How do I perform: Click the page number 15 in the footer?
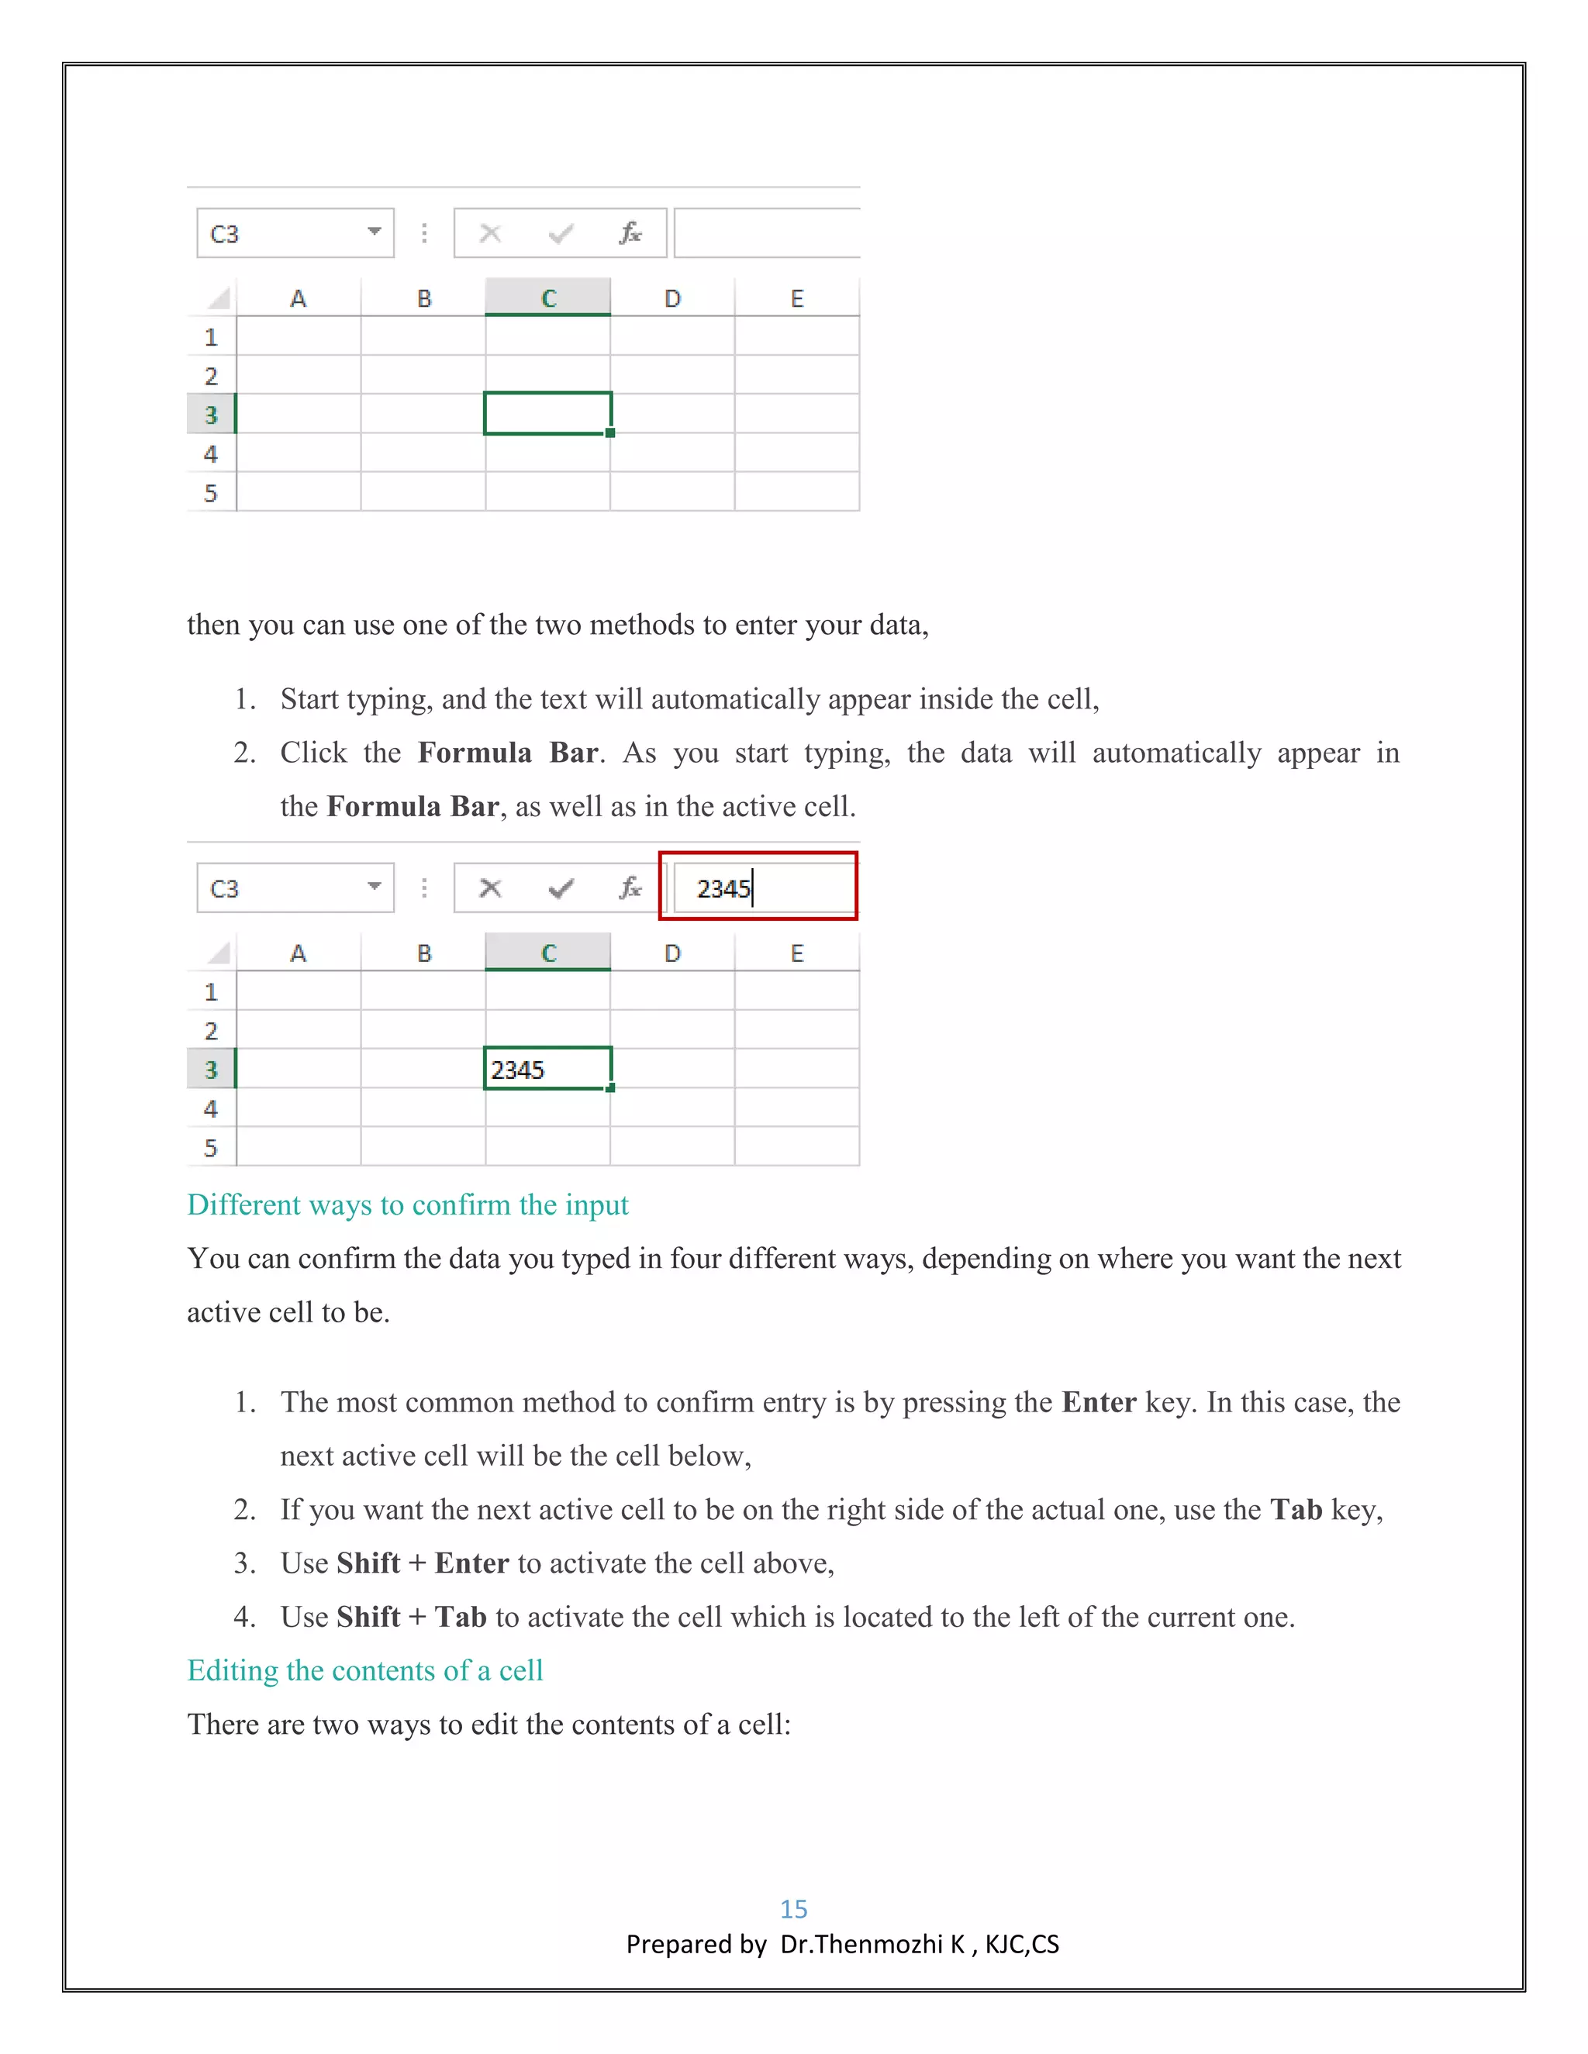(793, 1908)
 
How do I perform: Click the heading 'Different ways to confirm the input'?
(407, 1204)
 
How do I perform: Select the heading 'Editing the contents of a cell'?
(365, 1670)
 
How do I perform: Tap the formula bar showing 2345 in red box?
(758, 887)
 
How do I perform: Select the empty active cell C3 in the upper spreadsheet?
(547, 414)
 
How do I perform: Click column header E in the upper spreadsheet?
(797, 299)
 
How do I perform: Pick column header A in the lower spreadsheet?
(299, 953)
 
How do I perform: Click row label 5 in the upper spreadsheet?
(211, 493)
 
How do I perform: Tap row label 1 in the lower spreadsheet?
(211, 992)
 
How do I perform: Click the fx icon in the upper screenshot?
(630, 233)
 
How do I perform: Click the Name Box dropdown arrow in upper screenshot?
(375, 231)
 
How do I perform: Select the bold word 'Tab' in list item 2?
(1296, 1509)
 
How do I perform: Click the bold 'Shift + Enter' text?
(423, 1563)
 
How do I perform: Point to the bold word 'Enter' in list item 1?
(1099, 1402)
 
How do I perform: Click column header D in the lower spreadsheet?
(671, 953)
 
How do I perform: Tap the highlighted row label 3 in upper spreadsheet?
(211, 415)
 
